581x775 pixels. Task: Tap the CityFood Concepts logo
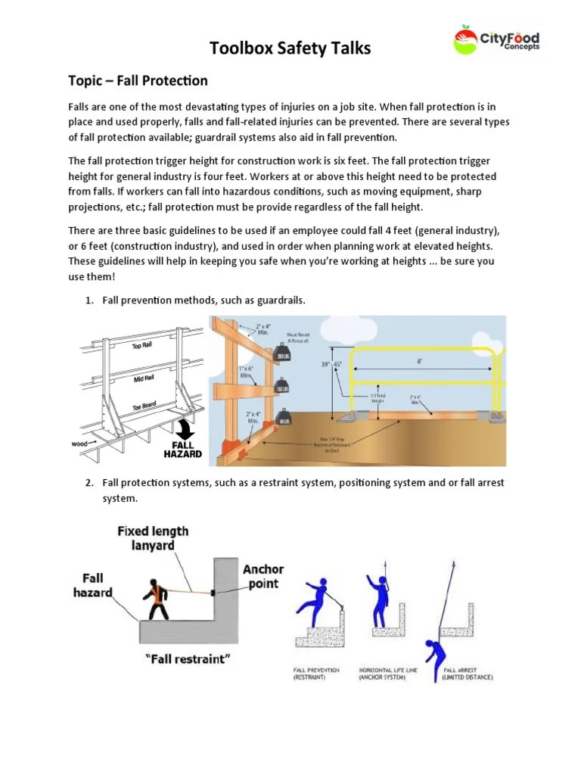coord(496,39)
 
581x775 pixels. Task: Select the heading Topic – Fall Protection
coord(138,80)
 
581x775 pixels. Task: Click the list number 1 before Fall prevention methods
coord(89,300)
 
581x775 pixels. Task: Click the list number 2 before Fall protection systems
coord(89,482)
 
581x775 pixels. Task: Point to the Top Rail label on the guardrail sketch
coord(142,346)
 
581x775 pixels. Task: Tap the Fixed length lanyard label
coord(153,538)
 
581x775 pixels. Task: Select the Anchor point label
coord(263,576)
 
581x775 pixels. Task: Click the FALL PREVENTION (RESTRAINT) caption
coord(317,674)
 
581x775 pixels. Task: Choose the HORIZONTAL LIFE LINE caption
coord(383,674)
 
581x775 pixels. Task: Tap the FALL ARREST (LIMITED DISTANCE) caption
coord(468,674)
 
